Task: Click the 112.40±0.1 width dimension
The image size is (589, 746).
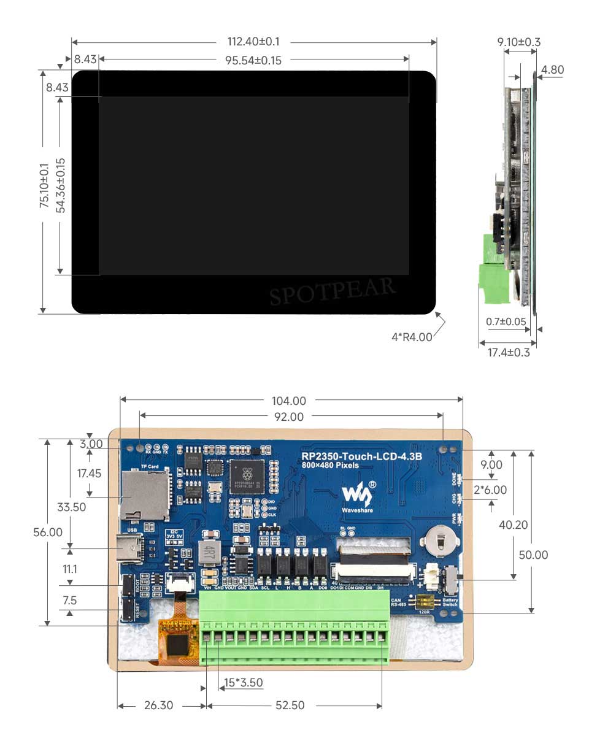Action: (253, 42)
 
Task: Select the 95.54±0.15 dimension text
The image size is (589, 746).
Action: (253, 60)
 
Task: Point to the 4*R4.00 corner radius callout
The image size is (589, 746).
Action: (412, 337)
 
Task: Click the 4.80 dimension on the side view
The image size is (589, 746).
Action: (553, 70)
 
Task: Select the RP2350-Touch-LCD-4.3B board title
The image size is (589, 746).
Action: (361, 457)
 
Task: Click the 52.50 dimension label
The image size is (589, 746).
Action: (290, 706)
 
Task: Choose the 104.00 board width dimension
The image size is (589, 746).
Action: (289, 401)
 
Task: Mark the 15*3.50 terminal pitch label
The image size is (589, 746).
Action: (243, 683)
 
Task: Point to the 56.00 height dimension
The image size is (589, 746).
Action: (48, 532)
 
